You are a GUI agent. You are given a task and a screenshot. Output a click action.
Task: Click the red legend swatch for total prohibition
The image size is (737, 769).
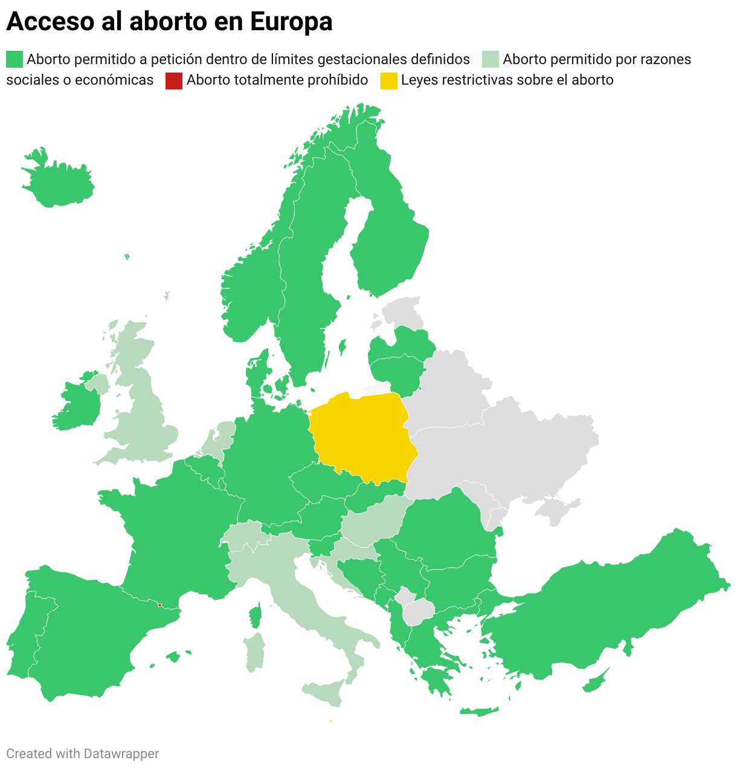pyautogui.click(x=174, y=80)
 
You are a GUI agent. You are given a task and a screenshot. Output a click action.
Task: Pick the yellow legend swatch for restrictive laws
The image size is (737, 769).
pyautogui.click(x=389, y=80)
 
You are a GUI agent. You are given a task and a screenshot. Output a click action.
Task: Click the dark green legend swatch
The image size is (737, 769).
pyautogui.click(x=14, y=59)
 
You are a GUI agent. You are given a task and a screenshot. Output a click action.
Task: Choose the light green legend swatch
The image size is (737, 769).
pyautogui.click(x=491, y=59)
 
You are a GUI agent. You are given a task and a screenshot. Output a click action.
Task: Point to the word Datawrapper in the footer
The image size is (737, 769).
pyautogui.click(x=121, y=753)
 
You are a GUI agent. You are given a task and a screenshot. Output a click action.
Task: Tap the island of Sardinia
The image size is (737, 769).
pyautogui.click(x=256, y=653)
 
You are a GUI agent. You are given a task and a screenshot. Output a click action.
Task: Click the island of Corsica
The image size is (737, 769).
pyautogui.click(x=256, y=617)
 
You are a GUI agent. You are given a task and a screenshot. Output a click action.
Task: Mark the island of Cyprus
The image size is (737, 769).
pyautogui.click(x=596, y=681)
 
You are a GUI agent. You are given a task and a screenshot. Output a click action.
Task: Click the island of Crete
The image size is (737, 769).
pyautogui.click(x=479, y=712)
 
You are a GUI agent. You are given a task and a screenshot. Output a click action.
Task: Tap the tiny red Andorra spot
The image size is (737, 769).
pyautogui.click(x=159, y=605)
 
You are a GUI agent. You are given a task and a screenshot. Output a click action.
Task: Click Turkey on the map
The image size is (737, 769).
pyautogui.click(x=604, y=611)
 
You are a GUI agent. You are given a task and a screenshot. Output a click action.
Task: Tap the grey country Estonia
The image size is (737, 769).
pyautogui.click(x=402, y=311)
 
